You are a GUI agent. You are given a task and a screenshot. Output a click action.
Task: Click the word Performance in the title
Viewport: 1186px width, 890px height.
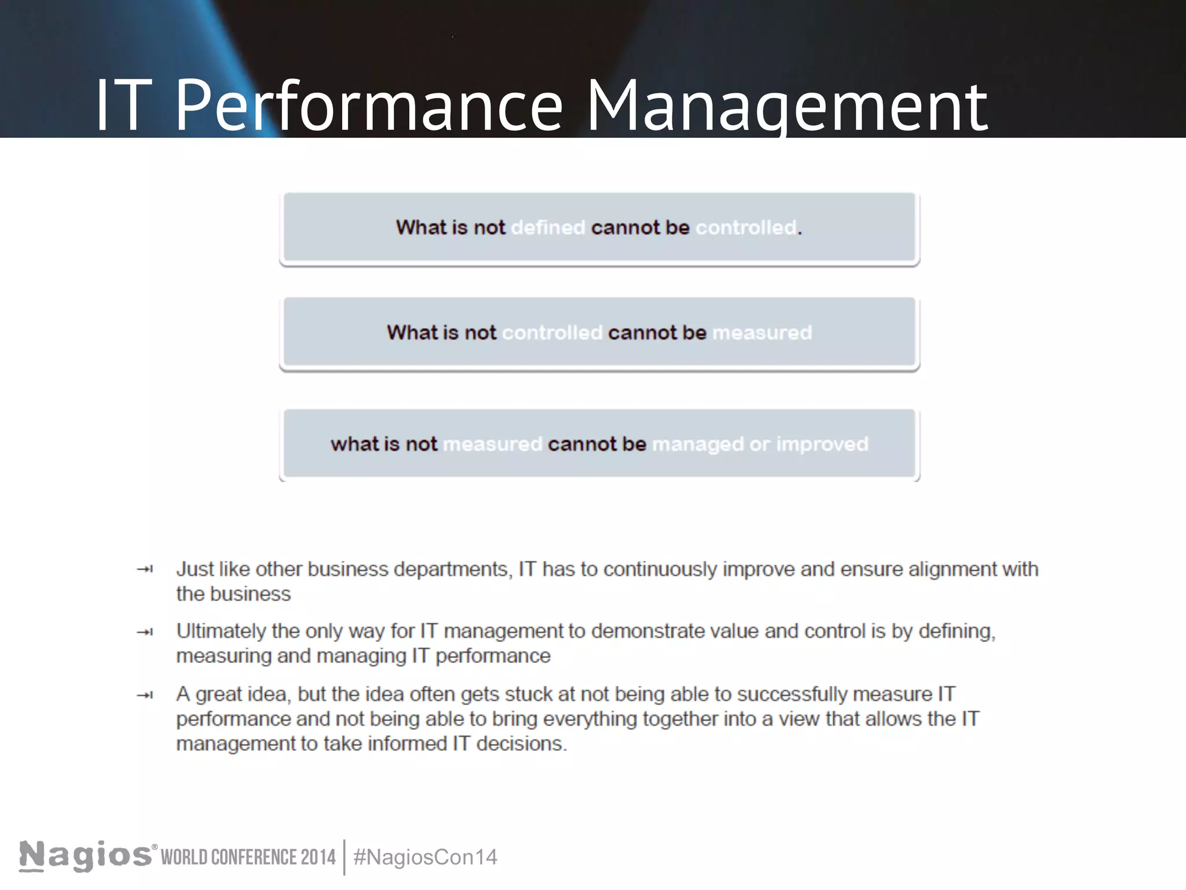pos(368,107)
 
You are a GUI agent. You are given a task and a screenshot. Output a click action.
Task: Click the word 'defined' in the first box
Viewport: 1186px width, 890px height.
pos(548,228)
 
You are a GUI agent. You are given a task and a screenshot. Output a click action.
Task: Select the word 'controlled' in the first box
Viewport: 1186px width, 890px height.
pos(746,228)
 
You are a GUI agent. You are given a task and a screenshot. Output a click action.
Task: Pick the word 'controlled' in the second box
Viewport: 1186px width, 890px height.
pos(552,333)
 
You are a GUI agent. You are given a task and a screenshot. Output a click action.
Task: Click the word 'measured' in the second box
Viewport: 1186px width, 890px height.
pos(762,333)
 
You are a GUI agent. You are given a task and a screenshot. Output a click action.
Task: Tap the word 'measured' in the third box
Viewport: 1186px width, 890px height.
pos(492,444)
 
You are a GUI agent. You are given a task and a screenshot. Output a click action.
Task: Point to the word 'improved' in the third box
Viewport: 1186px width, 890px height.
pos(822,444)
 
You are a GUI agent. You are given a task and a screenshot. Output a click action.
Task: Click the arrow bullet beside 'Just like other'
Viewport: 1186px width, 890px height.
pos(145,570)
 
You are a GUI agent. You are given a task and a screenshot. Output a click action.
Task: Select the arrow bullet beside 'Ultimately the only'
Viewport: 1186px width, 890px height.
pos(145,632)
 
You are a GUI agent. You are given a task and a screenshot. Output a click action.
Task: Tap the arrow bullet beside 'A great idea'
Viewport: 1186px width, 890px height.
pos(145,695)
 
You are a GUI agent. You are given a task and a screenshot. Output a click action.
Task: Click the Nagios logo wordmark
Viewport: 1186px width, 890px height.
pos(86,856)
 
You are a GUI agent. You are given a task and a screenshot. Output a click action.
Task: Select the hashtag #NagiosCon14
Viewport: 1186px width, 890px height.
pos(425,858)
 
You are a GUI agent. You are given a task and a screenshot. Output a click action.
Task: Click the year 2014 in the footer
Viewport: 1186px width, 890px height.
pos(318,858)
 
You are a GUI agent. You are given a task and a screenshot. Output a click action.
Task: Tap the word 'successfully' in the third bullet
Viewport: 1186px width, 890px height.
pos(792,694)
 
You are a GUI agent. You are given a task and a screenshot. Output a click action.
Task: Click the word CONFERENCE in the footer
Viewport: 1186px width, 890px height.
pos(254,858)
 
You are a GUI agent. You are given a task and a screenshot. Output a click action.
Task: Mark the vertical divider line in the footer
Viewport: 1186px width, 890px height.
pos(345,858)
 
